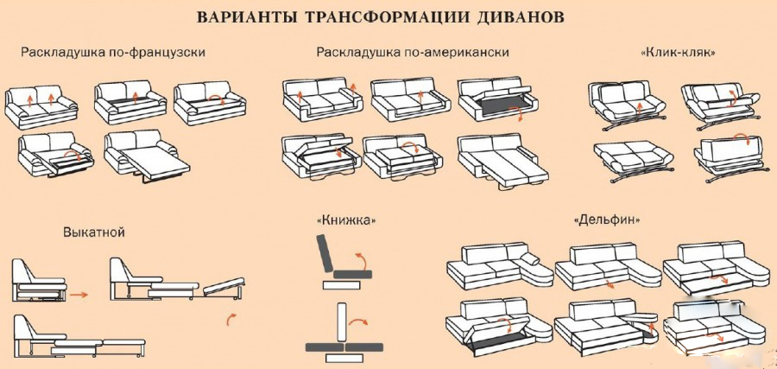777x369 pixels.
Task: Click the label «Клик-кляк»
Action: (678, 52)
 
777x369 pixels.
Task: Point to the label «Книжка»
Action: (345, 219)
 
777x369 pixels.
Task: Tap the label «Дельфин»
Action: (606, 219)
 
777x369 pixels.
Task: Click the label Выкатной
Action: (93, 232)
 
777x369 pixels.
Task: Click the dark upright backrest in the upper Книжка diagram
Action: (325, 253)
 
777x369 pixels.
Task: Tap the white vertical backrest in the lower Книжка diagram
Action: (341, 321)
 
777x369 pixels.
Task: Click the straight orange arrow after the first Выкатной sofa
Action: (79, 295)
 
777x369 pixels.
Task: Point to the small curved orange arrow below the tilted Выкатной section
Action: (231, 319)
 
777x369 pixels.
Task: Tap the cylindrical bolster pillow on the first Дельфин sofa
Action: (530, 259)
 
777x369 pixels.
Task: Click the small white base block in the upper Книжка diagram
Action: (341, 284)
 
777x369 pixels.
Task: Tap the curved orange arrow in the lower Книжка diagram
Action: (357, 321)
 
